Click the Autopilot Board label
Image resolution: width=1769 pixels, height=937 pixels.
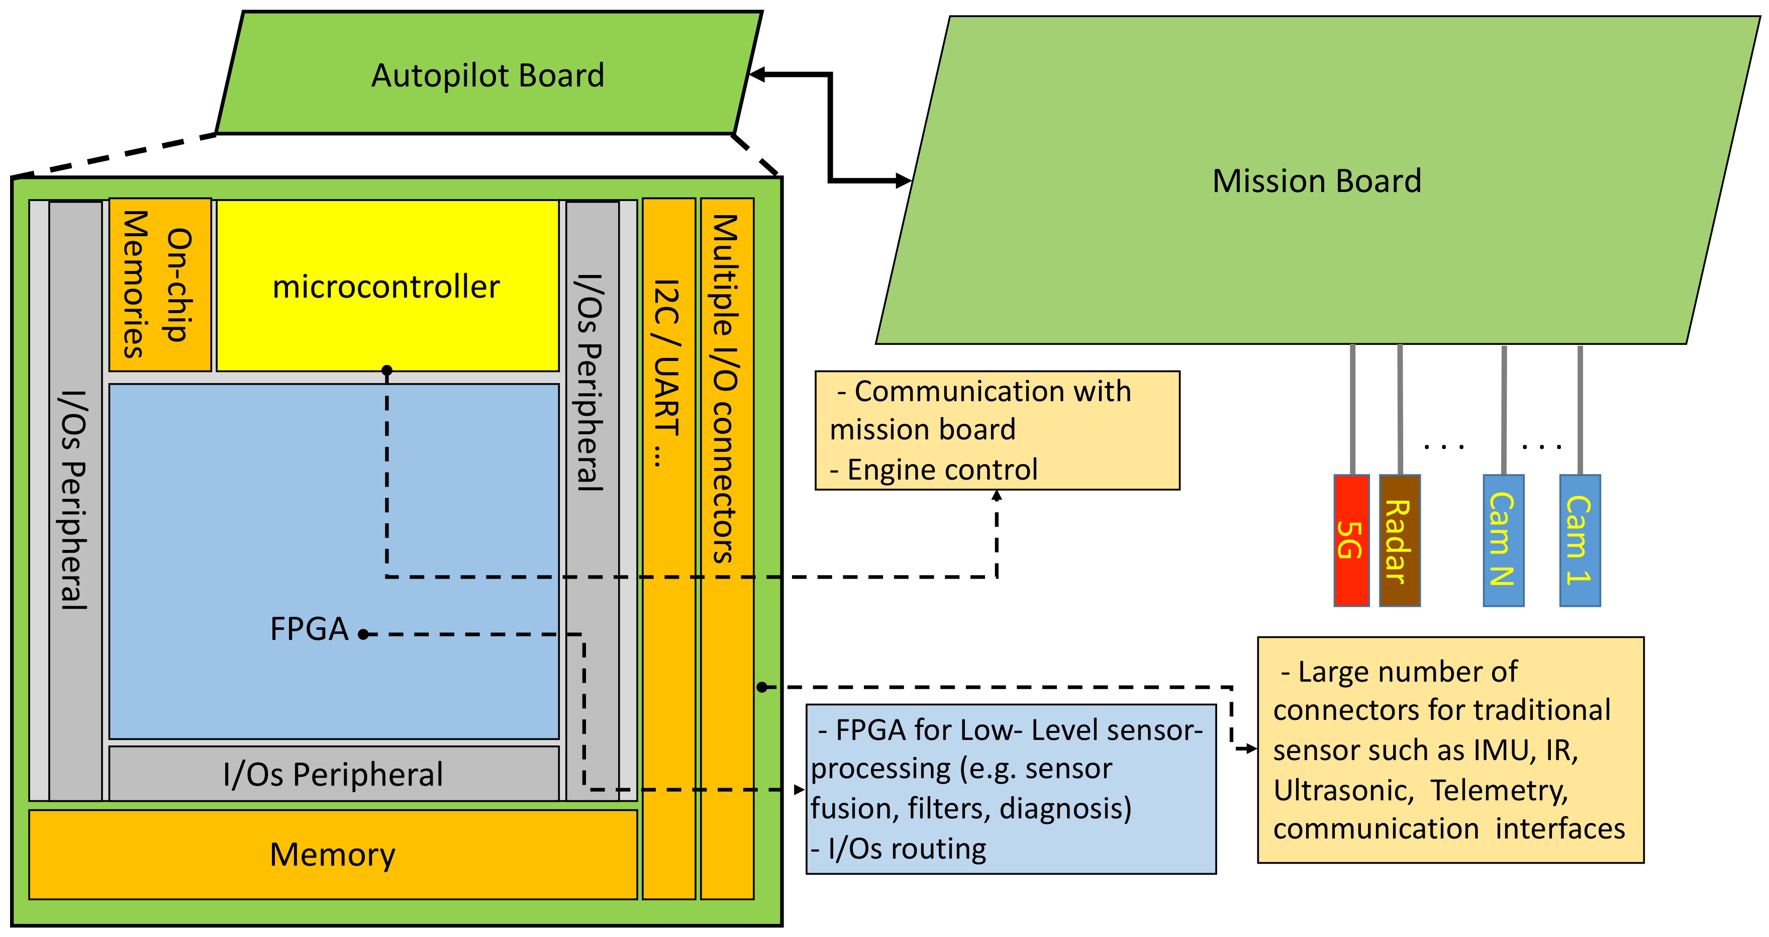[487, 75]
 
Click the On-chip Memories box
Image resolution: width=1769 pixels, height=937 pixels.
[159, 285]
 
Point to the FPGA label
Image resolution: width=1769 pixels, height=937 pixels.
[309, 628]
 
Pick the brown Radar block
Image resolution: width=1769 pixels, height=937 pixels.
[1399, 540]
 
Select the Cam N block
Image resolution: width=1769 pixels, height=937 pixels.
[1503, 540]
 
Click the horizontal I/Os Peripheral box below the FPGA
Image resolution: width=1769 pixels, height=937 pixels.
[333, 774]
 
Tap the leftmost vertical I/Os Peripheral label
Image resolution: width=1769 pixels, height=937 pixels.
[74, 500]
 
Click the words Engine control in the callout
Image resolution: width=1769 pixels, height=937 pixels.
[942, 470]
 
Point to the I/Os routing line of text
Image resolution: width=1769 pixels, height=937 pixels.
[900, 849]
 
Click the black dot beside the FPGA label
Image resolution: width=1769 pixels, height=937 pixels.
[363, 634]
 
